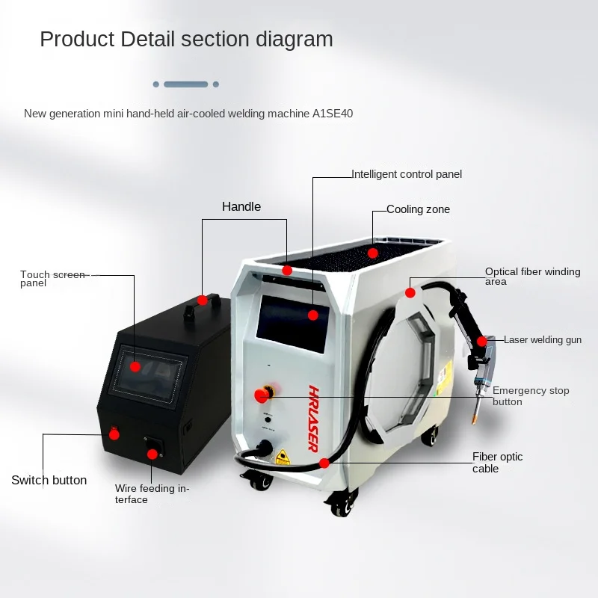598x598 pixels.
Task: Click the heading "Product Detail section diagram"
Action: pos(186,39)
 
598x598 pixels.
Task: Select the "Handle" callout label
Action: pos(241,206)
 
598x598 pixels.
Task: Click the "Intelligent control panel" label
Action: pos(407,174)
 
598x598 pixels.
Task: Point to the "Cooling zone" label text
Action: pos(418,209)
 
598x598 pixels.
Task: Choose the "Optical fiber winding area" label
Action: pos(532,276)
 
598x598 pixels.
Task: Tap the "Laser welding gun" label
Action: pos(542,340)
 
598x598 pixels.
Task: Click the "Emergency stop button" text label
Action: pos(531,395)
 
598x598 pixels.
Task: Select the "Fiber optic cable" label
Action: pos(497,462)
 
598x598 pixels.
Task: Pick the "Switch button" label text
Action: pos(49,480)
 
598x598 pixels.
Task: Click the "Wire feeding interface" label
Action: pos(152,493)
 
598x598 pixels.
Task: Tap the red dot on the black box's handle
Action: pos(202,300)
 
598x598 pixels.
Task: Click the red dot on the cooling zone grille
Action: pos(373,253)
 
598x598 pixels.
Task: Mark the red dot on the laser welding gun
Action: pos(482,342)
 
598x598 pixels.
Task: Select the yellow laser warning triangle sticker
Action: pos(283,457)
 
